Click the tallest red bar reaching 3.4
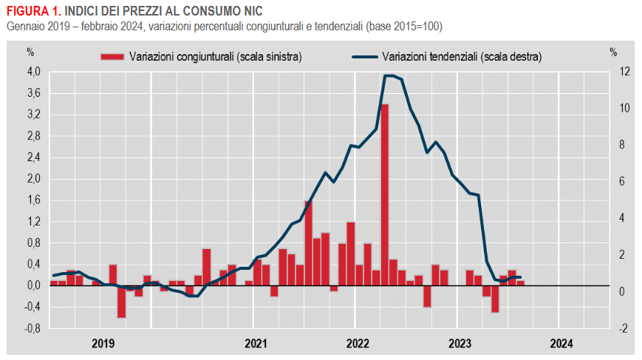click(385, 194)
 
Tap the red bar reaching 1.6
click(308, 242)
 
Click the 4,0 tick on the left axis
click(33, 72)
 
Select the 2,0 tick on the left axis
click(33, 179)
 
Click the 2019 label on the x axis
click(103, 343)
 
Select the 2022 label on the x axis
click(358, 343)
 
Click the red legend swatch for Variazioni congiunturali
click(112, 56)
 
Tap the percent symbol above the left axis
click(30, 52)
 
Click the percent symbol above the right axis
click(613, 52)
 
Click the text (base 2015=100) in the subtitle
click(402, 27)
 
